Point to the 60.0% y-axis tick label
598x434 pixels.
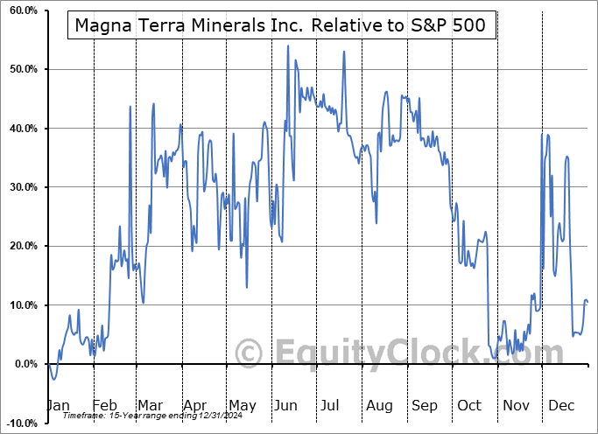point(19,10)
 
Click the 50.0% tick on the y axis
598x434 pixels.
point(19,69)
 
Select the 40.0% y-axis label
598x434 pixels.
point(19,129)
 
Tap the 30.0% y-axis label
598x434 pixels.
point(19,187)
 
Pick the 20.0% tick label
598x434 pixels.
point(19,246)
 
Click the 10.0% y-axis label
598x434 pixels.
point(19,305)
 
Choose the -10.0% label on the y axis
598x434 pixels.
point(18,423)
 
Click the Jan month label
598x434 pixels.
point(57,405)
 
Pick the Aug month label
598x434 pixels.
point(380,405)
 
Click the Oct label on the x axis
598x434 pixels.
point(469,405)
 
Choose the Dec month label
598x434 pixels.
point(560,405)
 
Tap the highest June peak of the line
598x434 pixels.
point(288,45)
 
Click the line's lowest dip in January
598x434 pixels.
point(53,379)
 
